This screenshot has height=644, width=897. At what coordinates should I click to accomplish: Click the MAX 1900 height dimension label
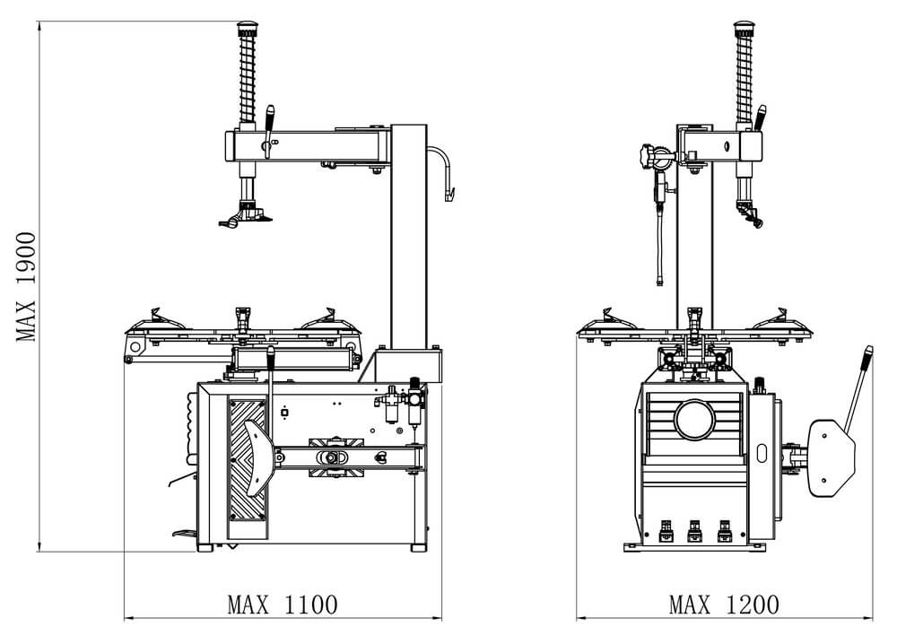[26, 286]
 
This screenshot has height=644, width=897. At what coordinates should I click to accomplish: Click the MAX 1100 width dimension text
[283, 605]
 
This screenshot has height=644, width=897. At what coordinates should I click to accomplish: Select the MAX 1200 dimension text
[724, 605]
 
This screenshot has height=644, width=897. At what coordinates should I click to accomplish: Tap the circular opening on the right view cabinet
[694, 419]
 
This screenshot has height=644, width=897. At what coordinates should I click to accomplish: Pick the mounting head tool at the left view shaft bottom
[245, 217]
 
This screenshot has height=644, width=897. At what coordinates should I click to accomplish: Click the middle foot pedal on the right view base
[694, 531]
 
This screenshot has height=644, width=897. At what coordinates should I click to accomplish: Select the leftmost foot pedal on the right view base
[666, 531]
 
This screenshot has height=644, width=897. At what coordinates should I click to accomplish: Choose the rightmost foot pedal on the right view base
[724, 531]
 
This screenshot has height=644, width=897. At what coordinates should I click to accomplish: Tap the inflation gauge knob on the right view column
[646, 156]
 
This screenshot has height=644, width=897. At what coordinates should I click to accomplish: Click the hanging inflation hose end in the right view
[659, 280]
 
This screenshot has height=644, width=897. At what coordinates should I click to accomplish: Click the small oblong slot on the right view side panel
[762, 453]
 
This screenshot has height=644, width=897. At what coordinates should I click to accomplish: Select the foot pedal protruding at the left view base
[184, 534]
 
